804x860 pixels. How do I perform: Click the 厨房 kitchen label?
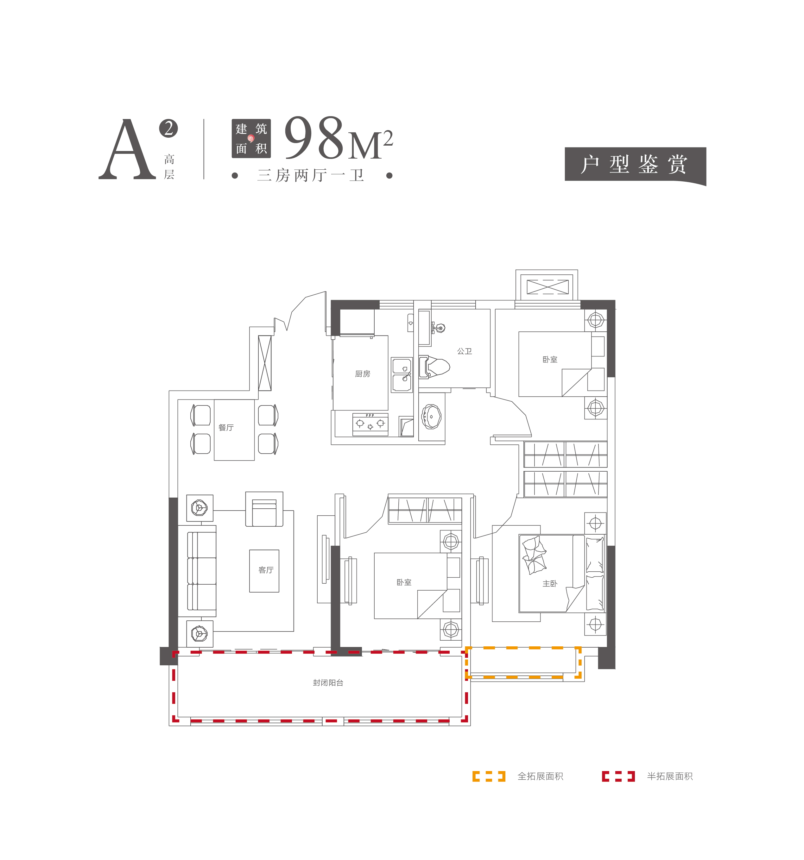click(362, 374)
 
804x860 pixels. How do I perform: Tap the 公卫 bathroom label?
click(464, 351)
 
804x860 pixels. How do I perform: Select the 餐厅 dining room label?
click(226, 427)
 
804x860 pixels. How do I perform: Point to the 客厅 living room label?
click(266, 570)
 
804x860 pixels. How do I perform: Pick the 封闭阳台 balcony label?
click(328, 683)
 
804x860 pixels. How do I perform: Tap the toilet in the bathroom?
click(434, 367)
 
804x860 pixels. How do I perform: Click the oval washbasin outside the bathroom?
click(431, 417)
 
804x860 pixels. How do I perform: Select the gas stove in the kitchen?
click(370, 424)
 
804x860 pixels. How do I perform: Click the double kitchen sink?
click(402, 375)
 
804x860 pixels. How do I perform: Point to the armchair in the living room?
click(264, 509)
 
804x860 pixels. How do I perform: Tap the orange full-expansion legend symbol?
click(489, 776)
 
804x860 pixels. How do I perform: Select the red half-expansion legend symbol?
click(618, 776)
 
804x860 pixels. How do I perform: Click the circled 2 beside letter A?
click(168, 128)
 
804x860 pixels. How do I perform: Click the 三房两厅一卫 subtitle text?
click(311, 175)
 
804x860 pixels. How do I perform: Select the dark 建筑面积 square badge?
click(251, 138)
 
